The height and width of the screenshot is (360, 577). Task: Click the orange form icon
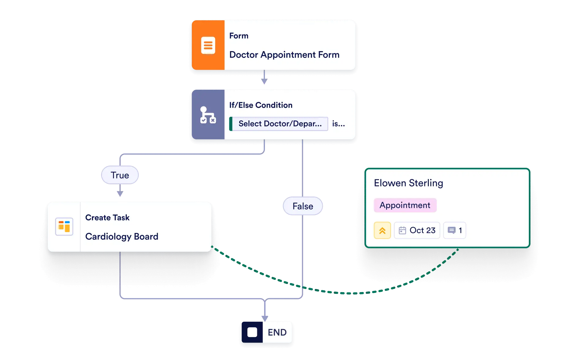click(x=208, y=45)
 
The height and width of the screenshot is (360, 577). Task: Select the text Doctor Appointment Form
click(x=284, y=55)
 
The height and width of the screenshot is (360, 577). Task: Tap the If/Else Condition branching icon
click(x=208, y=115)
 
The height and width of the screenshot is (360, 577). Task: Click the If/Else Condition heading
click(x=261, y=105)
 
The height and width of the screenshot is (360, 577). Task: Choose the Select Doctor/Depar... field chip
click(x=279, y=124)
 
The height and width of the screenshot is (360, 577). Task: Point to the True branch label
click(x=120, y=175)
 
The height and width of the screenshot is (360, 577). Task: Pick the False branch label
click(x=303, y=206)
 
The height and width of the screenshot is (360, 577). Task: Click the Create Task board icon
click(x=64, y=227)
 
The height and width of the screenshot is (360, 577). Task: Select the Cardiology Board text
click(x=122, y=236)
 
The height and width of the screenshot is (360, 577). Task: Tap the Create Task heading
click(x=107, y=217)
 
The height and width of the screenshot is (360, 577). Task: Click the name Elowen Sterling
click(x=408, y=183)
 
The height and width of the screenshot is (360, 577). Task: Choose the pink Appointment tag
click(x=405, y=205)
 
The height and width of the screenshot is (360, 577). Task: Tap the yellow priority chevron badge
click(x=382, y=230)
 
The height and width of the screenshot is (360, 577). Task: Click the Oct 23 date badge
click(x=417, y=230)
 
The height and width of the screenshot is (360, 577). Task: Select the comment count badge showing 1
click(x=454, y=230)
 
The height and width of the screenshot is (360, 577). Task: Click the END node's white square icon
click(x=252, y=332)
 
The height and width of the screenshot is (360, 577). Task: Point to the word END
click(x=277, y=332)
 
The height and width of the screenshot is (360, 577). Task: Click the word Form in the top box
click(x=239, y=36)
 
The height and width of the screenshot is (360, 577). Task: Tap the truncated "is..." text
click(x=338, y=124)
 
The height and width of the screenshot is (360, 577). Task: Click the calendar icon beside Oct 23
click(x=402, y=230)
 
